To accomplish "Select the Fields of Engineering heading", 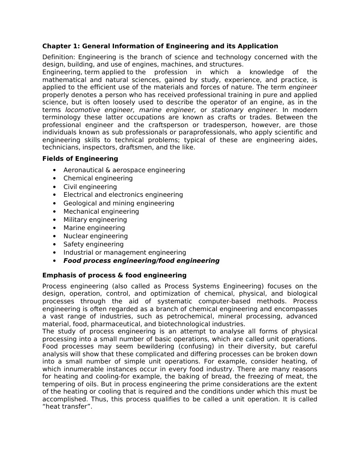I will (x=80, y=159).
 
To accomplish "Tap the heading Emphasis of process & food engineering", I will (x=114, y=275).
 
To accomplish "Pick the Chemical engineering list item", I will (x=98, y=178).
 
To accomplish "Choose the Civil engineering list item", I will (x=90, y=187).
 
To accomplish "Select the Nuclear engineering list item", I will (x=96, y=236).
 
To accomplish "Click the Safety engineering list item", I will (x=93, y=244).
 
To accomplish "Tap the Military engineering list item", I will (x=95, y=220).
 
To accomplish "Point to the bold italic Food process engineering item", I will (x=141, y=261).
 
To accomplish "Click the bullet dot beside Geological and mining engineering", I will (x=55, y=203).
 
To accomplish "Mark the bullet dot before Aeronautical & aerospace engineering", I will (x=55, y=170).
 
